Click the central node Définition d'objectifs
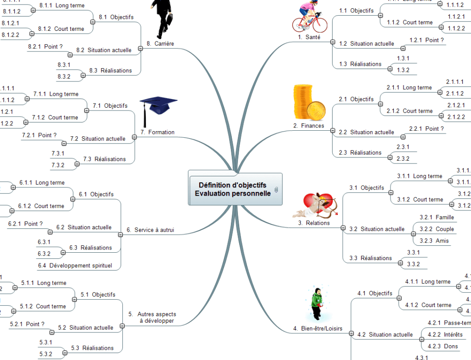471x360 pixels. coord(232,189)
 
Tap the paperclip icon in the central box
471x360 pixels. coord(276,190)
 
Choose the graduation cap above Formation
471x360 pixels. coord(158,109)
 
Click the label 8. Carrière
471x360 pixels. coord(160,43)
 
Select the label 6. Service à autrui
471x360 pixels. coord(150,230)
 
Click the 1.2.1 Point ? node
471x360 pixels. coord(426,41)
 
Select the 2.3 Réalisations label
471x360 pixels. coord(360,152)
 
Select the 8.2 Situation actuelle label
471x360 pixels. coord(103,50)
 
